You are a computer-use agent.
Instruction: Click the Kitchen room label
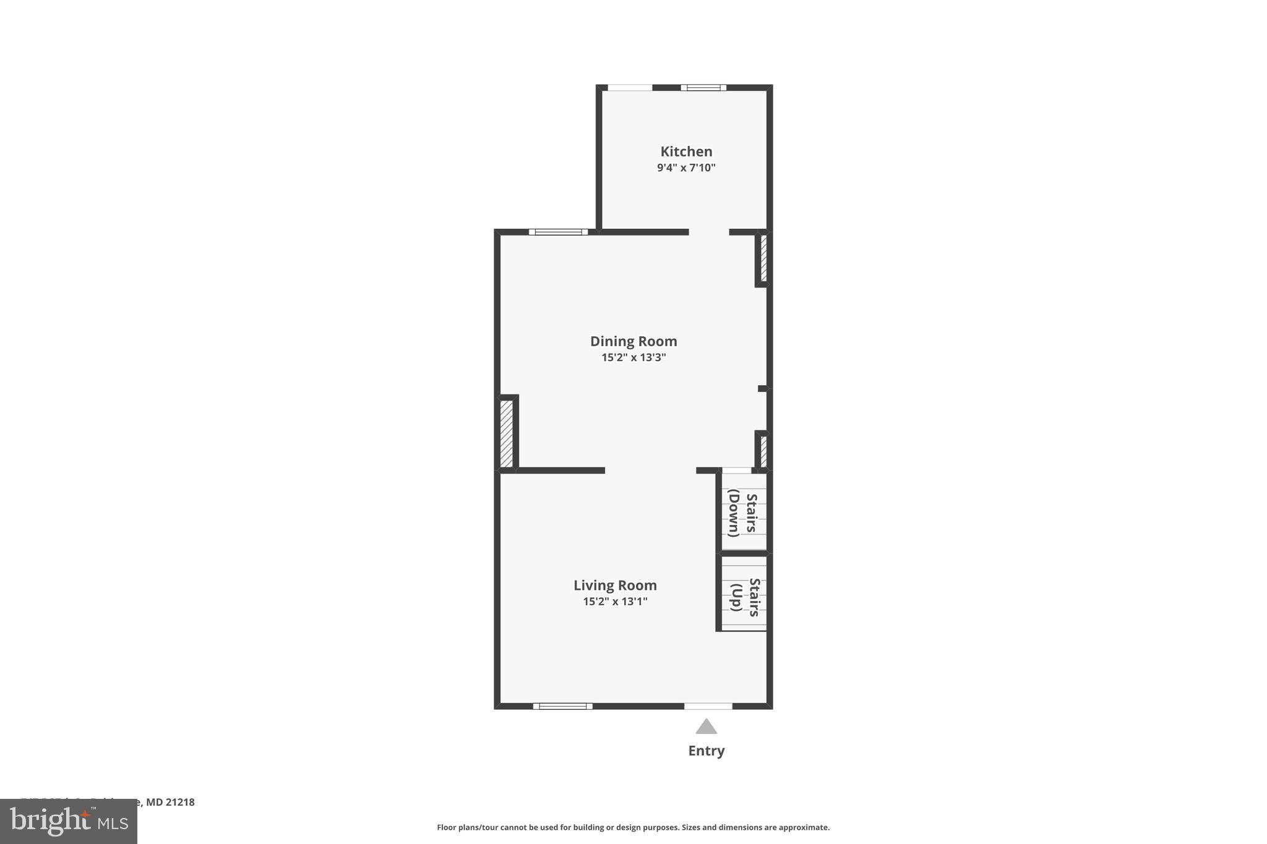click(686, 151)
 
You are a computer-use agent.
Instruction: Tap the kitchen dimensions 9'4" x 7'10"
click(686, 168)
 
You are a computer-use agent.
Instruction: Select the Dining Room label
click(633, 341)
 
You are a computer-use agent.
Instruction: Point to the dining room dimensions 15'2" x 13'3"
click(633, 357)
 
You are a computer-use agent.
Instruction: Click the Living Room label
click(615, 586)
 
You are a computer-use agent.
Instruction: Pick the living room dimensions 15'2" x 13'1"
click(615, 602)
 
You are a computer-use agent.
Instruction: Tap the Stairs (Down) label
click(743, 513)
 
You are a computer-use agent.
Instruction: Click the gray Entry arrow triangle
click(706, 727)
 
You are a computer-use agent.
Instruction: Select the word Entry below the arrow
click(707, 751)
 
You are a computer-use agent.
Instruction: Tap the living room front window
click(562, 706)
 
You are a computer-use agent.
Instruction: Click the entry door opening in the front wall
click(708, 706)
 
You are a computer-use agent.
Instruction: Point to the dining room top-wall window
click(558, 232)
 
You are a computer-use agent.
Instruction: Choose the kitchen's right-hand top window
click(703, 88)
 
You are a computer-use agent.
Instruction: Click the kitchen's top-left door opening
click(630, 88)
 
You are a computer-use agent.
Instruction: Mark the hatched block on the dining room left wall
click(506, 433)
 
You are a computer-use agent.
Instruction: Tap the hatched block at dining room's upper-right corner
click(763, 258)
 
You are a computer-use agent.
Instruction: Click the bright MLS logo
click(69, 821)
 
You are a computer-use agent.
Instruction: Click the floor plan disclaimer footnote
click(633, 827)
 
